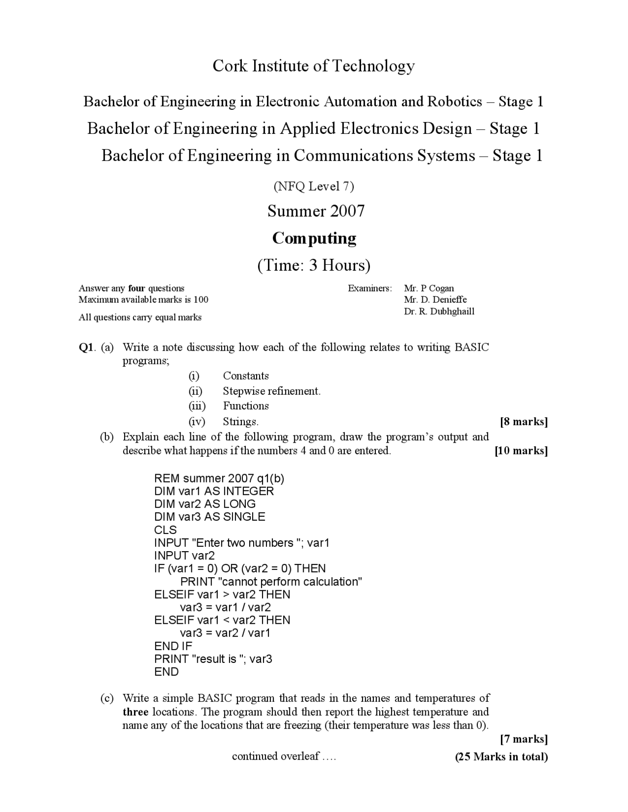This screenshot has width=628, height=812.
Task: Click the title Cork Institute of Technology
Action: pos(314,66)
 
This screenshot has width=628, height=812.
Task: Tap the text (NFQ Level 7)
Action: pos(314,186)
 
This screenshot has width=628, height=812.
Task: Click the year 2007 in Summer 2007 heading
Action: pos(347,211)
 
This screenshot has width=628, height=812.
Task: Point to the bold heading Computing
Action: pos(314,238)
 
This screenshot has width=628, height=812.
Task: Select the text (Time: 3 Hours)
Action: pos(314,265)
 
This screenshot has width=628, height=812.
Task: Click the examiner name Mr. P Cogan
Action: pos(429,288)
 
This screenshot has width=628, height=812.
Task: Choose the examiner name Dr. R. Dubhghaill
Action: pos(439,311)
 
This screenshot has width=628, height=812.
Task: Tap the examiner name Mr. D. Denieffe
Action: pos(435,300)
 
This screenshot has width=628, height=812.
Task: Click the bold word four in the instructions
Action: pos(136,288)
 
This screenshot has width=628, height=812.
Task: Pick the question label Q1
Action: pos(86,348)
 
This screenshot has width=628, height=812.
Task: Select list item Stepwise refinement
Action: pos(271,391)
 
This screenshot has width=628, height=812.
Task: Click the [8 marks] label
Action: pos(523,421)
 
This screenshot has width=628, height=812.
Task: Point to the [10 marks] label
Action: pos(521,451)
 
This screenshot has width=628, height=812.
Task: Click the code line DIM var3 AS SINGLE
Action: pos(209,517)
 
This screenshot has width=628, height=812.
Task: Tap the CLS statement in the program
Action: pos(165,530)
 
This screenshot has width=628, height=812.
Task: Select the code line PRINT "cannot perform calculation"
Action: pos(271,582)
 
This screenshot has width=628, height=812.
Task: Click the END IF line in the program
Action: pos(173,646)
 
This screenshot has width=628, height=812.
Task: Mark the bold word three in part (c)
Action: pos(135,712)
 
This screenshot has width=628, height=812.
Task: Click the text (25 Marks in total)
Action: pos(501,757)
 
